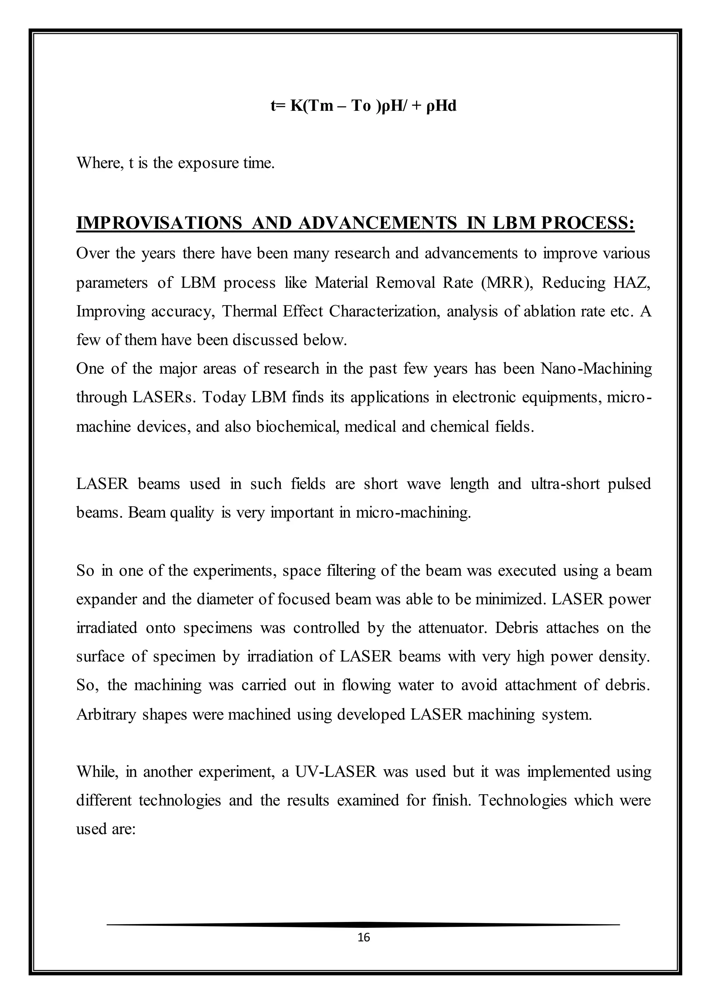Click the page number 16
click(x=363, y=937)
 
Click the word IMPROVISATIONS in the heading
click(x=159, y=223)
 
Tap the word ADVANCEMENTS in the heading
click(x=378, y=223)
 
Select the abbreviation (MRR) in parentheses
click(x=507, y=283)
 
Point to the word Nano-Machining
click(x=596, y=368)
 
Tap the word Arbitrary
click(x=106, y=714)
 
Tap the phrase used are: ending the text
click(x=106, y=829)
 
